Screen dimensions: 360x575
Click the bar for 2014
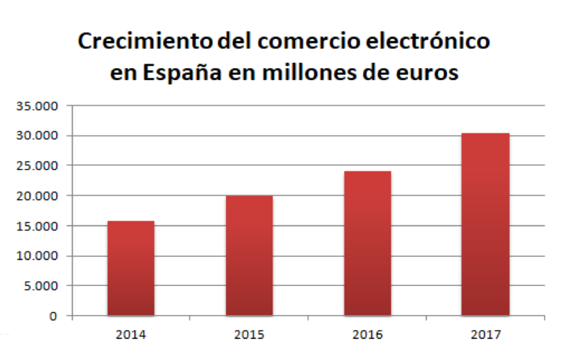point(131,268)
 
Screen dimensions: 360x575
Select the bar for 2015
point(249,255)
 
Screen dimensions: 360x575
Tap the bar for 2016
point(367,243)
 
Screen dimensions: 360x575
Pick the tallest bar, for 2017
point(485,224)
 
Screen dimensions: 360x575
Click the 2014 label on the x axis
point(131,335)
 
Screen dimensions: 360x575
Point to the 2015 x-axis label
point(249,335)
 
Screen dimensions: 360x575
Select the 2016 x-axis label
point(367,335)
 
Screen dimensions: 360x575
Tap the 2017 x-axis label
point(485,335)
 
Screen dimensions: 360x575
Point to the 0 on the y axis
point(53,316)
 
